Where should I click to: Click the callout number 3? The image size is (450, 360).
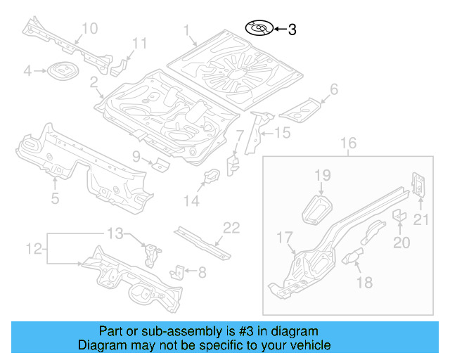(292, 30)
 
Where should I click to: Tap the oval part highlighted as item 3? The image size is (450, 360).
(258, 29)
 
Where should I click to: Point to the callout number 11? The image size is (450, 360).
(140, 44)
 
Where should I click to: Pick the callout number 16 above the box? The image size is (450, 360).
(349, 144)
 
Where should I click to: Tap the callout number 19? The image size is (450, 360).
(322, 175)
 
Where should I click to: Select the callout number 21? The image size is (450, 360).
(420, 220)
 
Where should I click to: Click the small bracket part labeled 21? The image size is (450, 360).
(418, 184)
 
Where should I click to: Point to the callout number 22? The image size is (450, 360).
(231, 227)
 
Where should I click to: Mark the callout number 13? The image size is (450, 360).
(115, 233)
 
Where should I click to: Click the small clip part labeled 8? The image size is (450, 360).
(181, 270)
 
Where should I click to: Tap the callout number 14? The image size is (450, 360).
(192, 201)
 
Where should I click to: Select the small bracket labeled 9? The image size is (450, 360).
(161, 165)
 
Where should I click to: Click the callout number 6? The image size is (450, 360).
(334, 89)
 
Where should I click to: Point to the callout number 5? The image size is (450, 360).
(56, 198)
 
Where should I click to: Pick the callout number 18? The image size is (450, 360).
(364, 282)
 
